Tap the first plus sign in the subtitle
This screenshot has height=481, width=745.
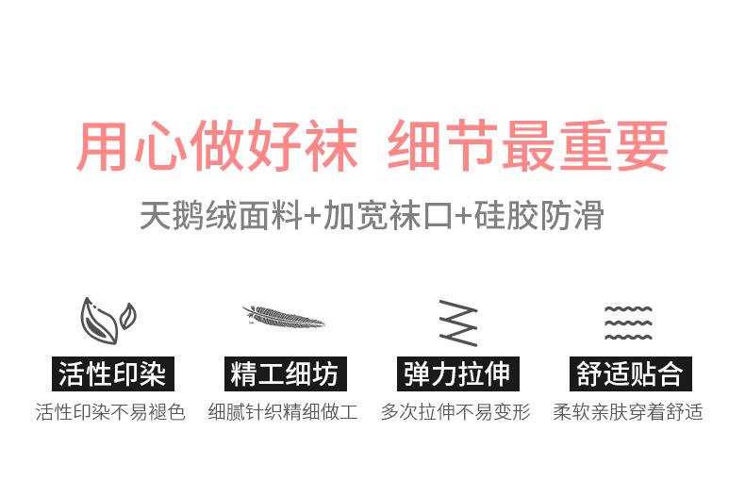312,217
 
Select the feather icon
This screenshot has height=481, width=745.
283,317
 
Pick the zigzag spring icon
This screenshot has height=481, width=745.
457,323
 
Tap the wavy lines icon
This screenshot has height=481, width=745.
628,322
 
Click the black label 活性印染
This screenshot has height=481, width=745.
111,374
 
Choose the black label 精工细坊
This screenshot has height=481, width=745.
283,374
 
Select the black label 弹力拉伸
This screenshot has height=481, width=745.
456,374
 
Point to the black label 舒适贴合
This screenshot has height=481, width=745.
629,374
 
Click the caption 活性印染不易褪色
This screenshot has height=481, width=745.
111,413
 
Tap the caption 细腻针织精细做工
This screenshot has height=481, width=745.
283,413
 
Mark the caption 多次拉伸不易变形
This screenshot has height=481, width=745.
456,413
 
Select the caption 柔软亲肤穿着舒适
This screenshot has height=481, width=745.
628,413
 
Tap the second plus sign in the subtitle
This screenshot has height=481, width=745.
462,217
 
